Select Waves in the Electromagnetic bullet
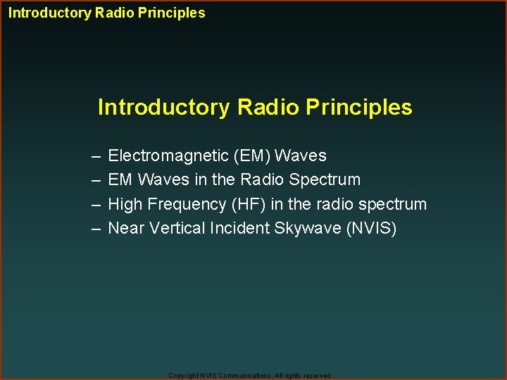(x=301, y=156)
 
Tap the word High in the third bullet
(x=125, y=205)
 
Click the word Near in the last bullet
(x=125, y=229)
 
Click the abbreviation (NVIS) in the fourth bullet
(x=371, y=229)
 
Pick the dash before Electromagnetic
(x=95, y=156)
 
